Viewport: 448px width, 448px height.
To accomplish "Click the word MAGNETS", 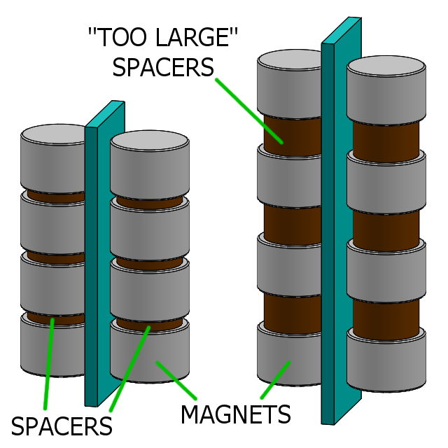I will coord(235,414).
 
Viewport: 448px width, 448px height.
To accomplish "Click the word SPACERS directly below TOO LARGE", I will coord(163,67).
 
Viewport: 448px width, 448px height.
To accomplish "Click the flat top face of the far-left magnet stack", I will coord(52,133).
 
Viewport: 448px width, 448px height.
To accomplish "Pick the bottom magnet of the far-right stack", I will coord(386,364).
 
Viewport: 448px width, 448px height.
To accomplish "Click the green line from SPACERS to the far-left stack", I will coord(49,364).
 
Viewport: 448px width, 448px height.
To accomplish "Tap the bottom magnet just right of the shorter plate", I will coord(150,353).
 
